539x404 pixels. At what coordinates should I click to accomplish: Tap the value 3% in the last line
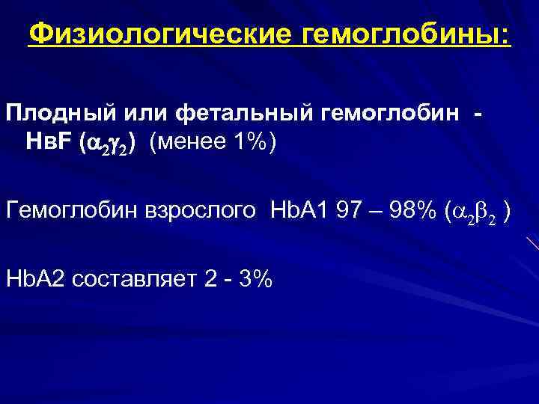(258, 278)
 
